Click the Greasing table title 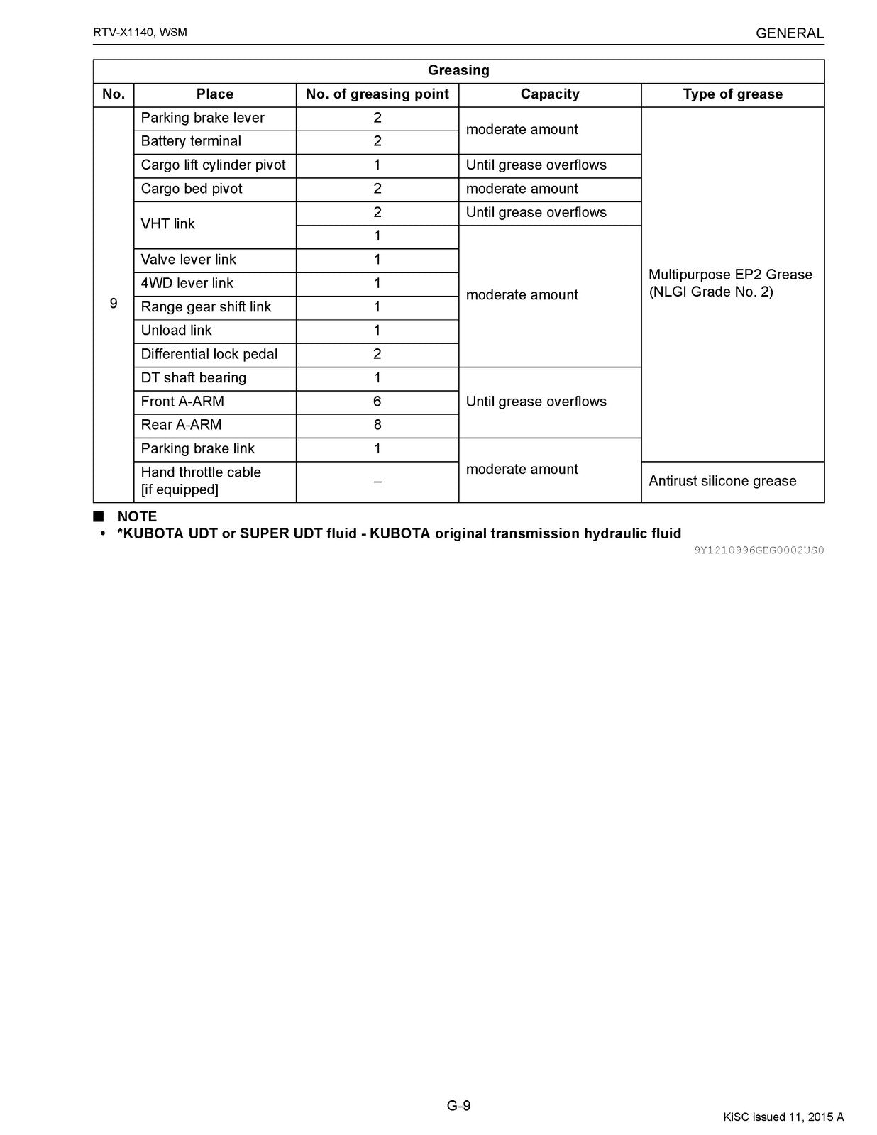coord(458,70)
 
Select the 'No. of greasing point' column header coord(377,94)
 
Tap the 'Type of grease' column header coord(732,94)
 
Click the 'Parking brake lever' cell coord(202,118)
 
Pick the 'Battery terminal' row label coord(191,141)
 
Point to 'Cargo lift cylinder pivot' coord(213,165)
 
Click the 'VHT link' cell coord(168,224)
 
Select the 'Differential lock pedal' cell coord(209,354)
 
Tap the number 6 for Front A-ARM coord(377,402)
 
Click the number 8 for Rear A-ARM coord(377,425)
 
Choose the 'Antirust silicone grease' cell coord(722,481)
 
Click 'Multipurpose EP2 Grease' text coord(730,275)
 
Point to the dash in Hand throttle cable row coord(377,482)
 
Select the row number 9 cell coord(114,304)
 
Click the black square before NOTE coord(99,516)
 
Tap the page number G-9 coord(458,1105)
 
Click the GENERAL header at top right coord(789,33)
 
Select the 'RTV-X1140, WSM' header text coord(140,33)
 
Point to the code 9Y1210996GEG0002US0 coord(759,550)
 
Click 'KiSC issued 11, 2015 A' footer coord(783,1117)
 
